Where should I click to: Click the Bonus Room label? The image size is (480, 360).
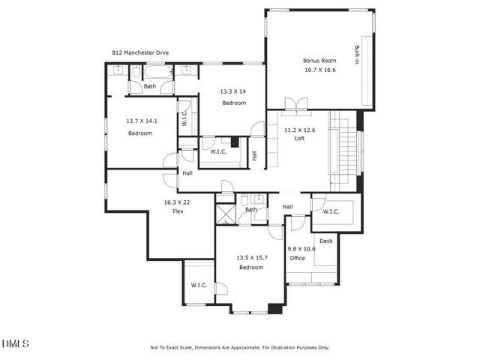pos(319,60)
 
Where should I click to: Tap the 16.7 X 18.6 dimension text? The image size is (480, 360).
pos(319,69)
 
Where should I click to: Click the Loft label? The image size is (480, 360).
pos(298,139)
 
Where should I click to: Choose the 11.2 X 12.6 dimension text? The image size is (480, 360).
pos(299,130)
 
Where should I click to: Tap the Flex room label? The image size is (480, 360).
pos(178,211)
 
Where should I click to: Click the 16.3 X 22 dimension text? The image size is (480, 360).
pos(178,202)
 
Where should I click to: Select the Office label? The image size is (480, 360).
pos(297,258)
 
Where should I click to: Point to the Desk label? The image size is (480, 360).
pos(325,241)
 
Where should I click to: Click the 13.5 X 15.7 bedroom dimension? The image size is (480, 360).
pos(251,258)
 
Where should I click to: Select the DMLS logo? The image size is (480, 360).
pos(15,343)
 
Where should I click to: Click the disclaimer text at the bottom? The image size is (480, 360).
pos(239,347)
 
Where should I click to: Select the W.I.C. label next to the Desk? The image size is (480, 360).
pos(331,211)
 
